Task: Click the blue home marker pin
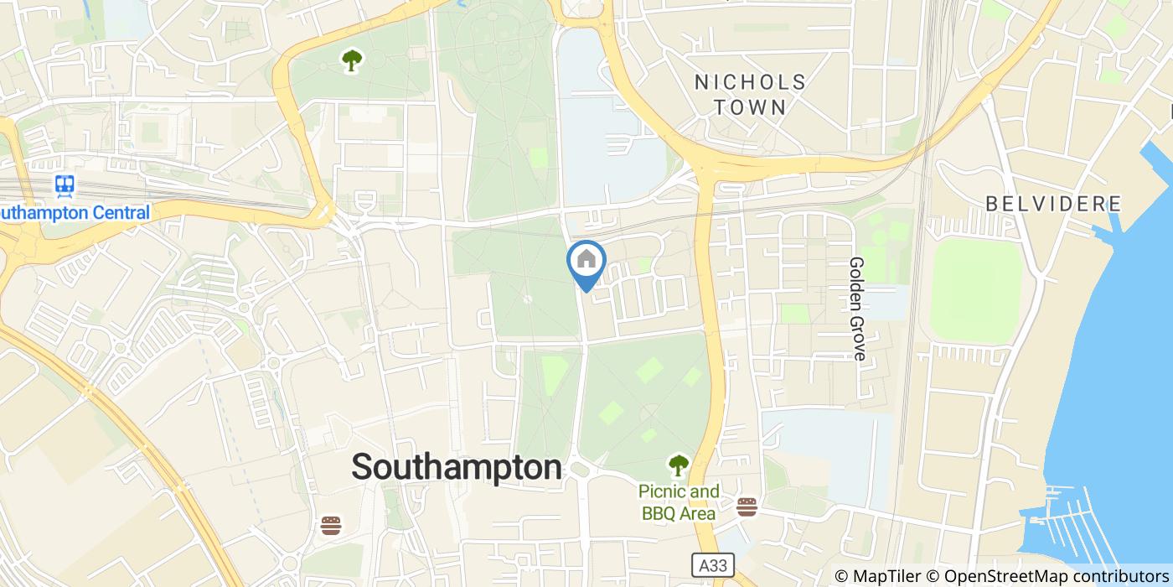586,262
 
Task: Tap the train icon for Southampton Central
65,185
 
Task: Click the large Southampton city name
457,467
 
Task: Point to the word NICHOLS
750,82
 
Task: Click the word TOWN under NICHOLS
750,107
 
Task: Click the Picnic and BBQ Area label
679,502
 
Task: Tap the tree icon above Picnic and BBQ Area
678,464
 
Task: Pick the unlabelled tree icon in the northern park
352,60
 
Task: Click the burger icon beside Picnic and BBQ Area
747,506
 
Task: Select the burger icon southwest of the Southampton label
332,526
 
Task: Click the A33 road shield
708,565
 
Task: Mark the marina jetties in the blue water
1072,528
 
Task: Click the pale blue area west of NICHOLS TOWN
599,134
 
